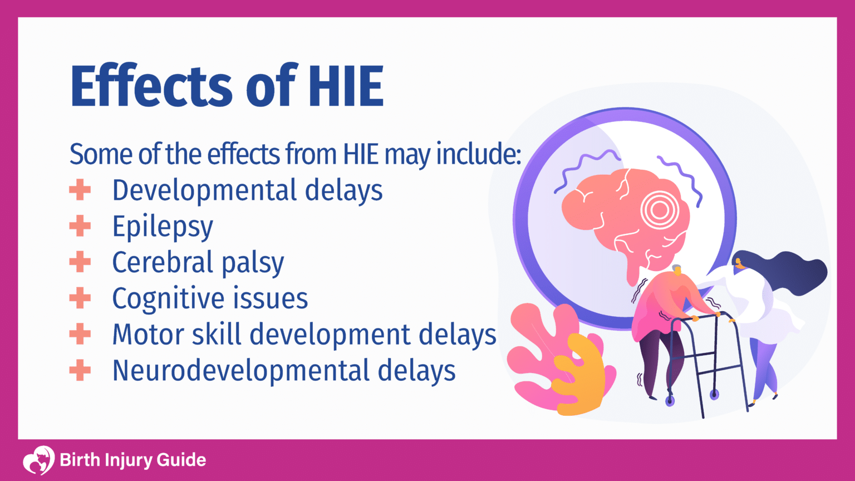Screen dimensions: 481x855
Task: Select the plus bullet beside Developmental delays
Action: click(80, 190)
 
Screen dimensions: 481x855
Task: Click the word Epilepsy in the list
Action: click(163, 227)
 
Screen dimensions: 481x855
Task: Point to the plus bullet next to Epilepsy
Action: click(80, 226)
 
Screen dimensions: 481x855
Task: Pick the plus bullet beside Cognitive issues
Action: click(80, 298)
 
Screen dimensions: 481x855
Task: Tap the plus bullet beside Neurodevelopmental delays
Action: click(80, 370)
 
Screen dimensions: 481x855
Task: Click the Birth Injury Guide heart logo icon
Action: click(38, 460)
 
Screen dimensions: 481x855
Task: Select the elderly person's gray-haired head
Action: click(676, 271)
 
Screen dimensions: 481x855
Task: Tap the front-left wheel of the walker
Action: click(670, 399)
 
